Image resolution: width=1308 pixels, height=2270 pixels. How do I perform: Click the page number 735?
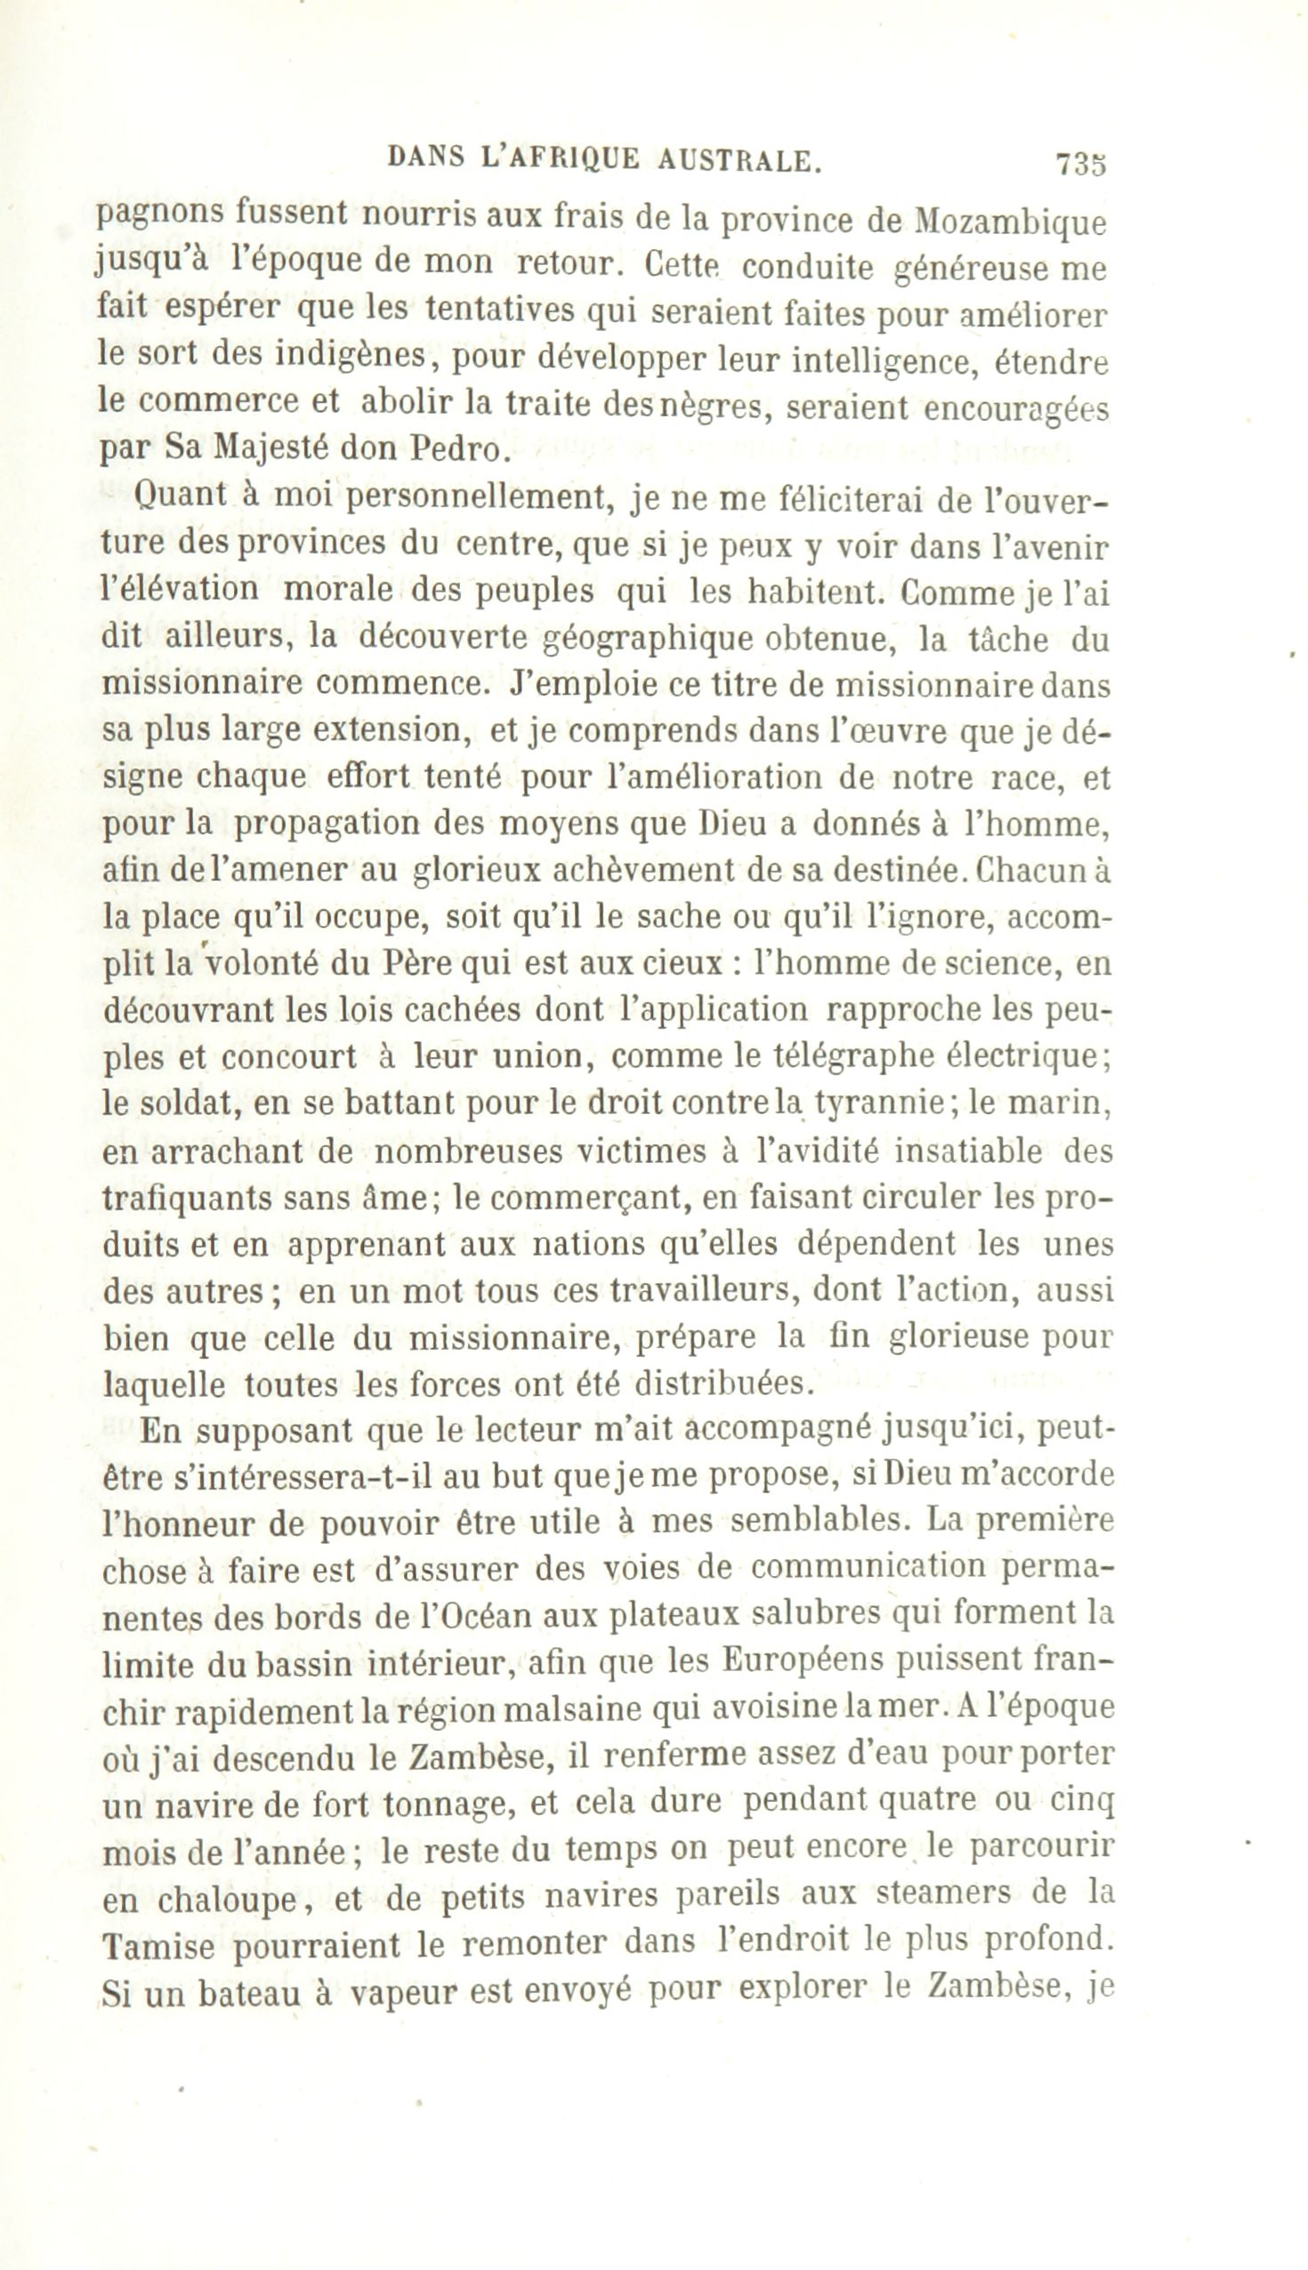click(x=1081, y=165)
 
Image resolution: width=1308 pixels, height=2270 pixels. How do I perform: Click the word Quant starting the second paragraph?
click(x=184, y=496)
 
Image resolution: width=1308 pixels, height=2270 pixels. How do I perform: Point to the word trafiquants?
click(x=182, y=1199)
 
